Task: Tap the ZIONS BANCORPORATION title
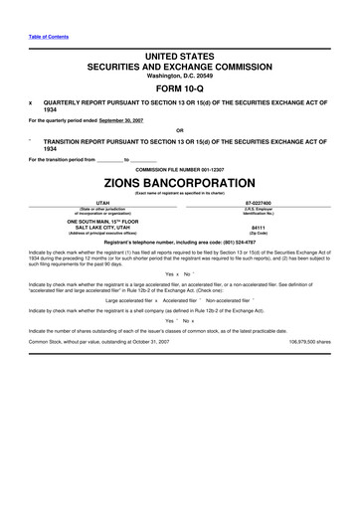(x=179, y=185)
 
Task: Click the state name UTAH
(x=94, y=201)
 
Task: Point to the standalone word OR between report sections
(x=179, y=130)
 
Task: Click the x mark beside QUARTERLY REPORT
(x=31, y=101)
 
